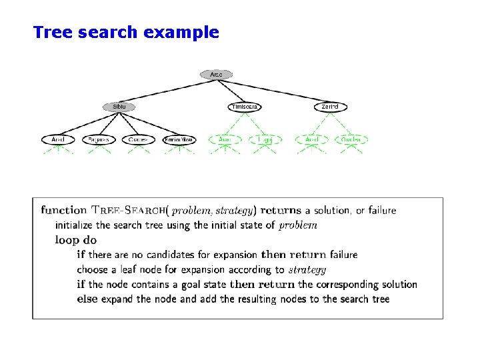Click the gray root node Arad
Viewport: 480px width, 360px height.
pyautogui.click(x=216, y=75)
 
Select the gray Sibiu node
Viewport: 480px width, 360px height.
pyautogui.click(x=119, y=107)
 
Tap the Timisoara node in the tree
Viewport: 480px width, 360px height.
pyautogui.click(x=245, y=107)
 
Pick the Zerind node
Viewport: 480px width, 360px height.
pyautogui.click(x=331, y=107)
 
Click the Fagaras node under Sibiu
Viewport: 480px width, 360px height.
pyautogui.click(x=99, y=140)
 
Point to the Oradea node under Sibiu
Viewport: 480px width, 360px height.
pyautogui.click(x=139, y=140)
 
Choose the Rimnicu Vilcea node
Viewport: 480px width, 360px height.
pyautogui.click(x=179, y=140)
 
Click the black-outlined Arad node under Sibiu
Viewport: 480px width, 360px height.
pyautogui.click(x=59, y=140)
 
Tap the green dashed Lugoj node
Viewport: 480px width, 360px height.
pyautogui.click(x=265, y=140)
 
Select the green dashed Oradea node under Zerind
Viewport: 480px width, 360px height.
pyautogui.click(x=351, y=140)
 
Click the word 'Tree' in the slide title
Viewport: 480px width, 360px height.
pyautogui.click(x=53, y=32)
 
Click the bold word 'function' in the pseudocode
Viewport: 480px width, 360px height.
pyautogui.click(x=64, y=210)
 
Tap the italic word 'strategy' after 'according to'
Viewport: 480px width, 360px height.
pyautogui.click(x=307, y=270)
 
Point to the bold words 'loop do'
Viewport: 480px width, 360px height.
pyautogui.click(x=76, y=240)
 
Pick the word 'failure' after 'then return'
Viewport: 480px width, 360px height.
pyautogui.click(x=343, y=255)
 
